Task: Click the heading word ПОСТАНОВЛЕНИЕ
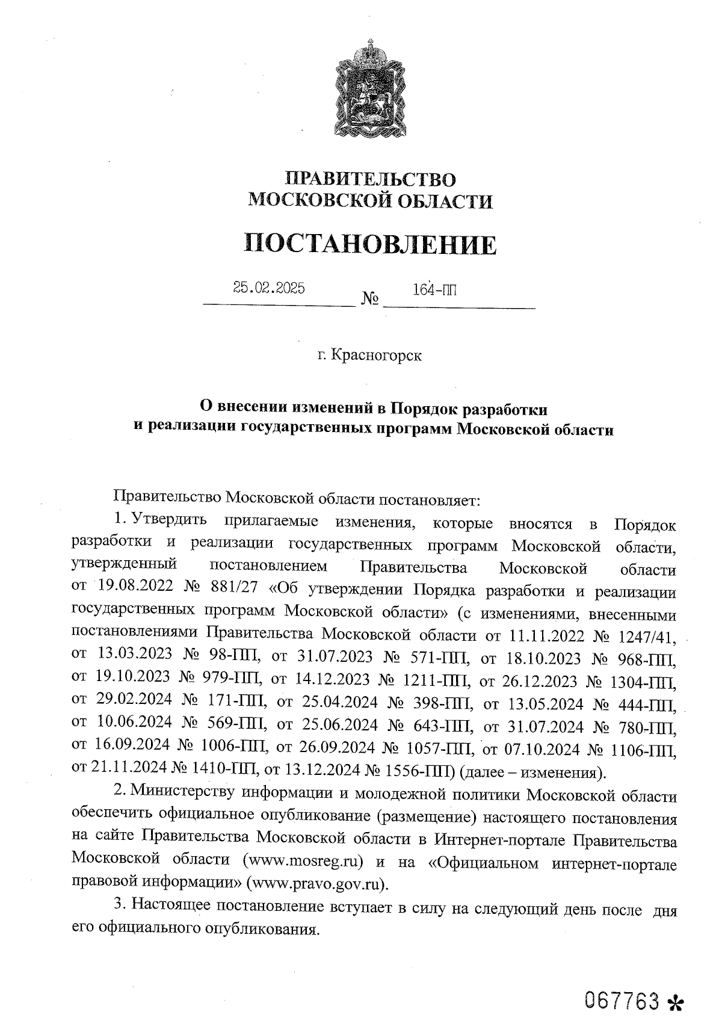tap(371, 245)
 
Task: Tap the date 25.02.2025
tap(269, 288)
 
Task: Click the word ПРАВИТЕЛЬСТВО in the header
tap(370, 179)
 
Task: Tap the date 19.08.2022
tap(134, 592)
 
